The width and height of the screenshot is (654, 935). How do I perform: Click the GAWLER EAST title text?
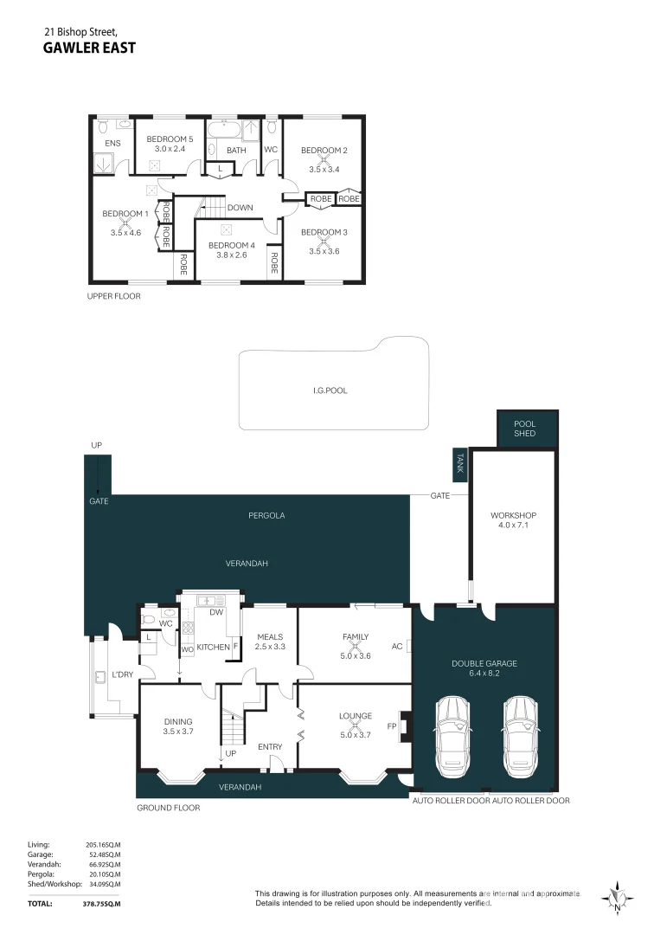pyautogui.click(x=89, y=48)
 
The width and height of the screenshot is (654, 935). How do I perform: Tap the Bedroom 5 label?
pyautogui.click(x=170, y=139)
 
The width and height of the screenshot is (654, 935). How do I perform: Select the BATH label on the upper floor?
pyautogui.click(x=236, y=150)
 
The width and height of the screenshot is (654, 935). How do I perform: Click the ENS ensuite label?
pyautogui.click(x=112, y=143)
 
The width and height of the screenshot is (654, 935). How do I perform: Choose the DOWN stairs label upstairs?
pyautogui.click(x=240, y=208)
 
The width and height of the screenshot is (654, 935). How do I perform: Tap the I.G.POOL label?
pyautogui.click(x=330, y=390)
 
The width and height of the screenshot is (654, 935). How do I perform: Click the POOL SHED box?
pyautogui.click(x=525, y=429)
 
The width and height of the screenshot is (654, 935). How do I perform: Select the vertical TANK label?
pyautogui.click(x=459, y=464)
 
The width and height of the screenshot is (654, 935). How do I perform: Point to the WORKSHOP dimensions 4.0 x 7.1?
pyautogui.click(x=514, y=525)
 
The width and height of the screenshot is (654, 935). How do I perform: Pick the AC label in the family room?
pyautogui.click(x=397, y=646)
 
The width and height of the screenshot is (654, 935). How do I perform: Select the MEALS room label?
pyautogui.click(x=270, y=636)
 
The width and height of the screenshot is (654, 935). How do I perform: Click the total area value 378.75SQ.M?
pyautogui.click(x=101, y=903)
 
